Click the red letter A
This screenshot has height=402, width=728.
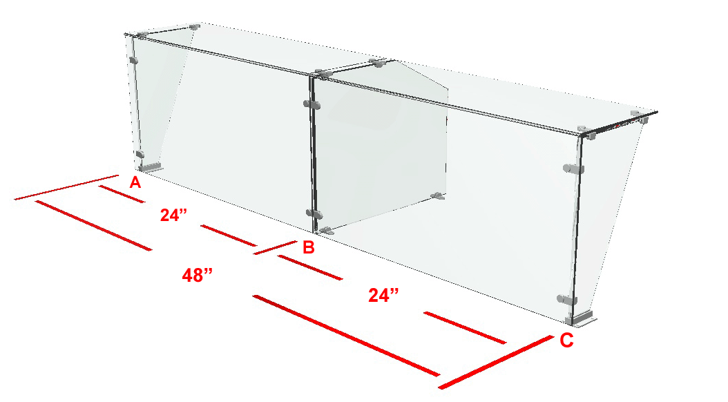[135, 182]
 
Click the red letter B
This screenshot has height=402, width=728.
[309, 247]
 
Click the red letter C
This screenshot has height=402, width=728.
[566, 341]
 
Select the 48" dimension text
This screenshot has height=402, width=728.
[198, 276]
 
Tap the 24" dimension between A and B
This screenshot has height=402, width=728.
[173, 215]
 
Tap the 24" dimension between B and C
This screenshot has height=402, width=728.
[383, 295]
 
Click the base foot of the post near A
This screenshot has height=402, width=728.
[151, 166]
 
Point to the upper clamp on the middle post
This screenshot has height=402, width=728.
[312, 104]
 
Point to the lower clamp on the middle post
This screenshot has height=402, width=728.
[314, 214]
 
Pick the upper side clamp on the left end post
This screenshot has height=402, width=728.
[134, 60]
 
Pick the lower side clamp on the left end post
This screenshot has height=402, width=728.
[140, 155]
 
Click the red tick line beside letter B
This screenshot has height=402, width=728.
[275, 247]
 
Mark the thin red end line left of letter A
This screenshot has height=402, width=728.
[66, 188]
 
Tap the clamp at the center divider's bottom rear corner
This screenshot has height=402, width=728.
[437, 196]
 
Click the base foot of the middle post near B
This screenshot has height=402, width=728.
[327, 230]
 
